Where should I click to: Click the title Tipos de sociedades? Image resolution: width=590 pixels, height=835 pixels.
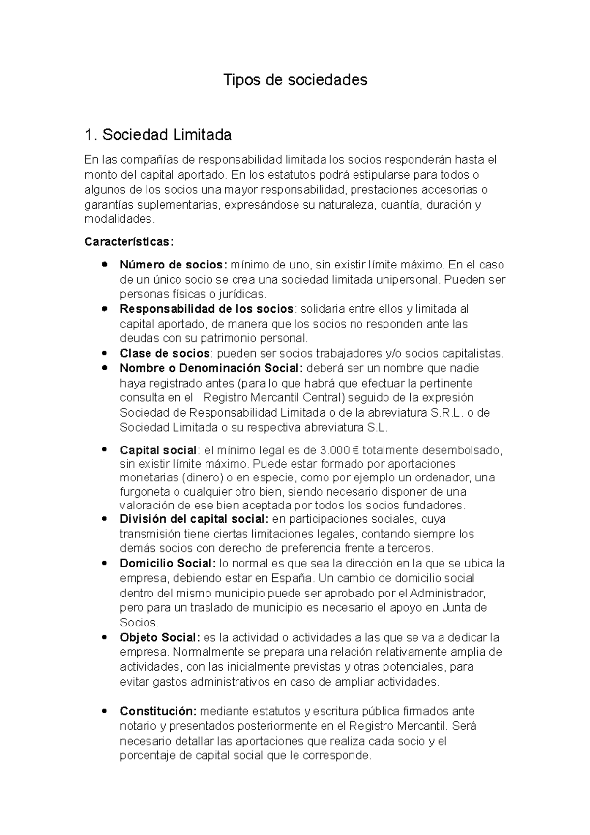[x=295, y=80]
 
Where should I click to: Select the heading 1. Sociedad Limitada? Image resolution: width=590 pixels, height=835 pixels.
[x=158, y=134]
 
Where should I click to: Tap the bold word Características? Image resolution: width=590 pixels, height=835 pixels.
[x=129, y=242]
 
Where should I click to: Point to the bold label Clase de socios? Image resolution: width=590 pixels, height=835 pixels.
[x=165, y=353]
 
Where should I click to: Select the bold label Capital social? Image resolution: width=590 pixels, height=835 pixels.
[x=158, y=450]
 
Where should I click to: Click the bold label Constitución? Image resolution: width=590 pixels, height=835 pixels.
[x=158, y=711]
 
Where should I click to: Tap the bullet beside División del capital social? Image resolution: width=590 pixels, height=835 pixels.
[x=104, y=519]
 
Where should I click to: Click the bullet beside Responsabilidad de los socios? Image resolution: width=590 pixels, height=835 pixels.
[x=104, y=309]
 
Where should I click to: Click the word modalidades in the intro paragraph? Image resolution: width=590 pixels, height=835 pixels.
[x=118, y=219]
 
